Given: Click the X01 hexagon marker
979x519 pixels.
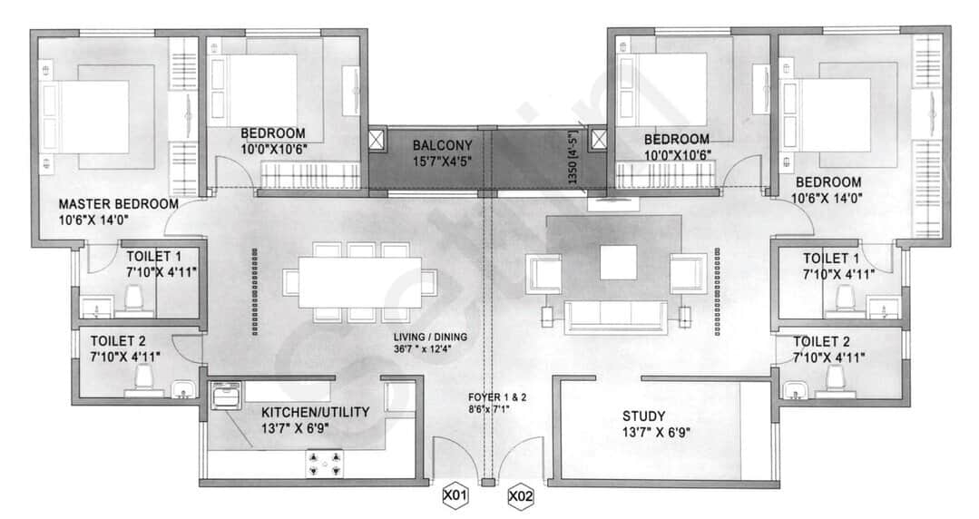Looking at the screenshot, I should (455, 496).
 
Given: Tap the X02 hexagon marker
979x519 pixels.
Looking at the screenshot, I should (522, 496).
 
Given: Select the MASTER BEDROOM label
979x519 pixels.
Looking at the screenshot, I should (118, 204).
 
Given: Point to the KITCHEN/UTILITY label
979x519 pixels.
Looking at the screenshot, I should (315, 412).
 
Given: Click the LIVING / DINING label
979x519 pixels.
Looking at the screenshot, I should (431, 337).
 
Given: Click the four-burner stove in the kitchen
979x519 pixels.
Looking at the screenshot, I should (326, 464).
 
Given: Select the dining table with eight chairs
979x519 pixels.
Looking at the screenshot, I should (352, 280).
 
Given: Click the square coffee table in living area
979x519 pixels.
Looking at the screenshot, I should (620, 262).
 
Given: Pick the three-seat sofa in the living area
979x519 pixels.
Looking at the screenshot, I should (614, 315).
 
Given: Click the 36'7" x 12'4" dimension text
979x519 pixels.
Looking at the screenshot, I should (431, 349).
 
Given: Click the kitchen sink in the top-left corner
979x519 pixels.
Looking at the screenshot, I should (225, 396).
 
